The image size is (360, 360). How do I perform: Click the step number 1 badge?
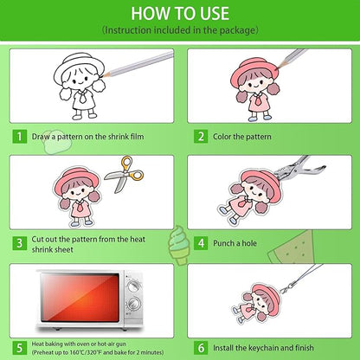tap(20, 137)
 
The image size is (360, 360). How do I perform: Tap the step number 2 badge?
tap(201, 137)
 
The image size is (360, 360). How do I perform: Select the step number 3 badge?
tap(20, 243)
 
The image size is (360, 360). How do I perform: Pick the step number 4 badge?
tap(201, 243)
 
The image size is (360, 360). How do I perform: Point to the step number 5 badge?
tap(20, 348)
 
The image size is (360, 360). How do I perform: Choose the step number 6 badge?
tap(201, 348)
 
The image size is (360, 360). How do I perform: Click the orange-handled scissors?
tap(125, 174)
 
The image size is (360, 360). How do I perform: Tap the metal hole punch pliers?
tap(297, 168)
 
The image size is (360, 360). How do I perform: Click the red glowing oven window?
tap(80, 298)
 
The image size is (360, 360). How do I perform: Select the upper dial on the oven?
tap(134, 286)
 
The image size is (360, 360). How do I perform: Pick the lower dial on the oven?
tap(134, 304)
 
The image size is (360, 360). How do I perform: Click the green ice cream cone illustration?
tap(179, 245)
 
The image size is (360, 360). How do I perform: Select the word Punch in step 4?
tap(224, 243)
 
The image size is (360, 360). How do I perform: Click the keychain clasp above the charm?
tap(287, 286)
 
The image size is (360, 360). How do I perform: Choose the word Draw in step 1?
tap(41, 137)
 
